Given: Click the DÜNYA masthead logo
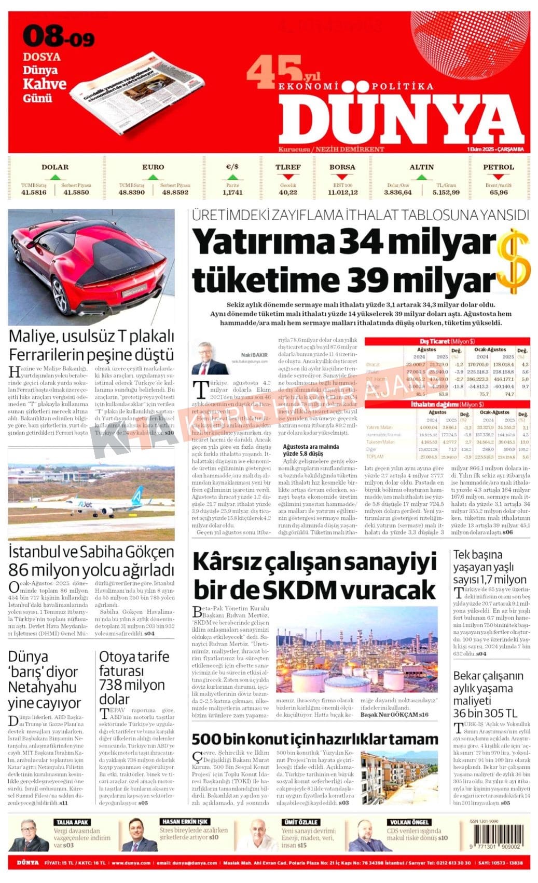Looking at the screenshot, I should click(x=399, y=119).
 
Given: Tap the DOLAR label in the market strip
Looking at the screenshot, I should click(x=54, y=167).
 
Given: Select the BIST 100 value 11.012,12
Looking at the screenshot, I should click(x=342, y=192).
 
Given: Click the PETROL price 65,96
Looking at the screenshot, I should click(x=499, y=192).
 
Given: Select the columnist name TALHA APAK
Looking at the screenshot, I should click(x=73, y=822).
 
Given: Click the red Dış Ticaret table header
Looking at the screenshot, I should click(x=447, y=341).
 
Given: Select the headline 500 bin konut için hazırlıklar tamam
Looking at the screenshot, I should click(x=315, y=739).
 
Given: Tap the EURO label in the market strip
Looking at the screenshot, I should click(x=153, y=167).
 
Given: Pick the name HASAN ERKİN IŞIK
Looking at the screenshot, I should click(x=185, y=822).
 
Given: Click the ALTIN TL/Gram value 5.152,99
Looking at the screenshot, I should click(x=446, y=192).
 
